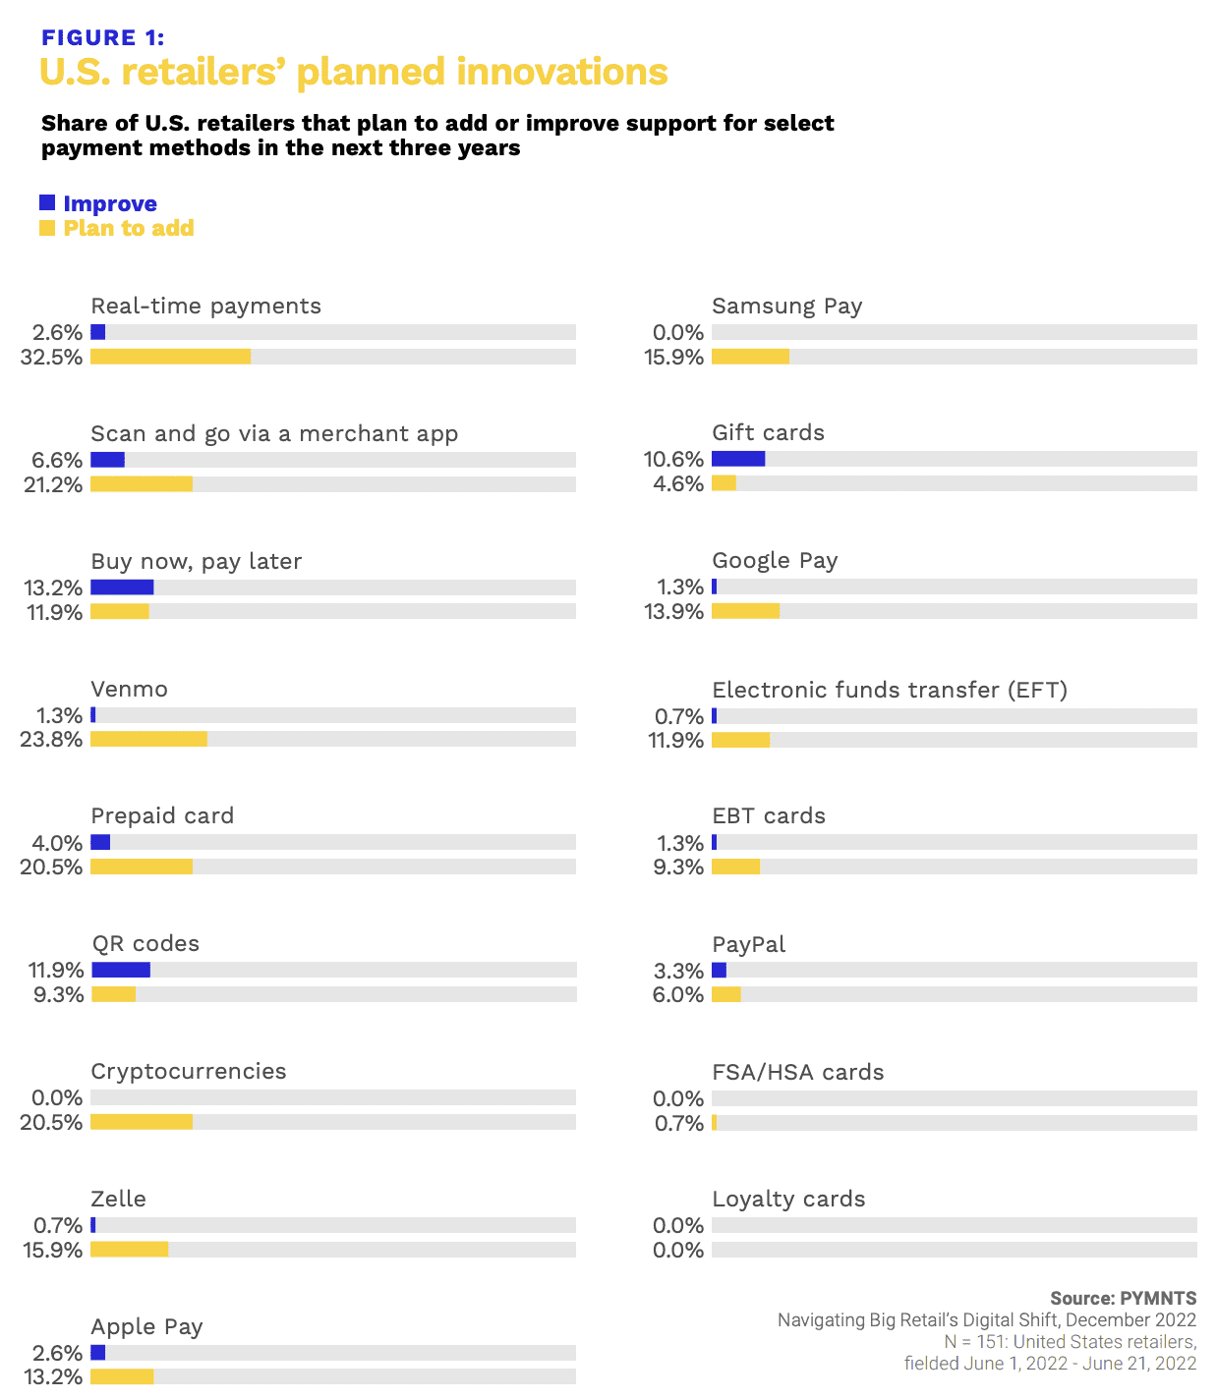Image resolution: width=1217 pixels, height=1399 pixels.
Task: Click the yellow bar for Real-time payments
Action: (170, 357)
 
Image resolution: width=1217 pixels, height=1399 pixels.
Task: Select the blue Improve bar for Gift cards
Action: (738, 459)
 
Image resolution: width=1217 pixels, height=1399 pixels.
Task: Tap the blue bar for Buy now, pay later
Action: (122, 588)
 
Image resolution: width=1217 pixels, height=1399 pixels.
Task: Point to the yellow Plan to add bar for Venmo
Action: (148, 739)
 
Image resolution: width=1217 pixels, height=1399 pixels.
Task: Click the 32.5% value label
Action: (51, 358)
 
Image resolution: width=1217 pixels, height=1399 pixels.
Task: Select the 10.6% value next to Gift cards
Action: (673, 460)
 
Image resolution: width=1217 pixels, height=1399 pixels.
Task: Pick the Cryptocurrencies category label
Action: (189, 1071)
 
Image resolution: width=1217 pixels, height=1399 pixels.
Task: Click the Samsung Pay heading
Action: (786, 306)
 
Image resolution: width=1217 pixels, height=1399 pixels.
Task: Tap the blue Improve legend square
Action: (47, 203)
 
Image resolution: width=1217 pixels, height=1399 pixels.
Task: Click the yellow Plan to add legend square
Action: (47, 228)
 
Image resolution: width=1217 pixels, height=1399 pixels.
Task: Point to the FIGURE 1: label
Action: (103, 37)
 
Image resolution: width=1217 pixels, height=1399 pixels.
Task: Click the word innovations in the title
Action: (561, 73)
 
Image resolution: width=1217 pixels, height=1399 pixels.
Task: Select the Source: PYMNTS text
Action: (1123, 1298)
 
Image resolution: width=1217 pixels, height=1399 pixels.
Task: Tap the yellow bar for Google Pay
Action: (745, 611)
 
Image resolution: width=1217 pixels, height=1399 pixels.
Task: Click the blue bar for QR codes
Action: (121, 970)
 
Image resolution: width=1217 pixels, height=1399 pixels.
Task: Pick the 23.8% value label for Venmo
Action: (51, 740)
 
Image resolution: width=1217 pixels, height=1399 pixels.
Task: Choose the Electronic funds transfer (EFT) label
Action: (890, 690)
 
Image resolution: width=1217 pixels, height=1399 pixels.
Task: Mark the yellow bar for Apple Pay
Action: (122, 1376)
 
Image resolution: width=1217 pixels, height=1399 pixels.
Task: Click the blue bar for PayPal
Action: (719, 971)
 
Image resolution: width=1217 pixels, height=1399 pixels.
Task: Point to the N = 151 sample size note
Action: (1070, 1342)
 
